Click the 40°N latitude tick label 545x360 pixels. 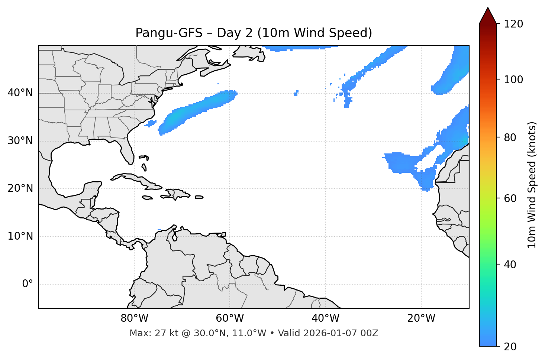(x=20, y=93)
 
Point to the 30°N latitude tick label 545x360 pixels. (x=20, y=141)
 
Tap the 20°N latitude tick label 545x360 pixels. (x=20, y=188)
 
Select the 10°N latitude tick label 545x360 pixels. (x=20, y=236)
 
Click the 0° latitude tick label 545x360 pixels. (x=28, y=284)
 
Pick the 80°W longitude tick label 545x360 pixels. (x=134, y=318)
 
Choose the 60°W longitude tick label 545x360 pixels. (x=230, y=318)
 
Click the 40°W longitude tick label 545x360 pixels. (x=325, y=318)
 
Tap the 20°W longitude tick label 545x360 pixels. (x=421, y=318)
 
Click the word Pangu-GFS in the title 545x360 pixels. (x=169, y=33)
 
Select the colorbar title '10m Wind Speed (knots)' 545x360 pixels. (x=532, y=185)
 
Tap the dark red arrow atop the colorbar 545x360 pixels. (x=488, y=16)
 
